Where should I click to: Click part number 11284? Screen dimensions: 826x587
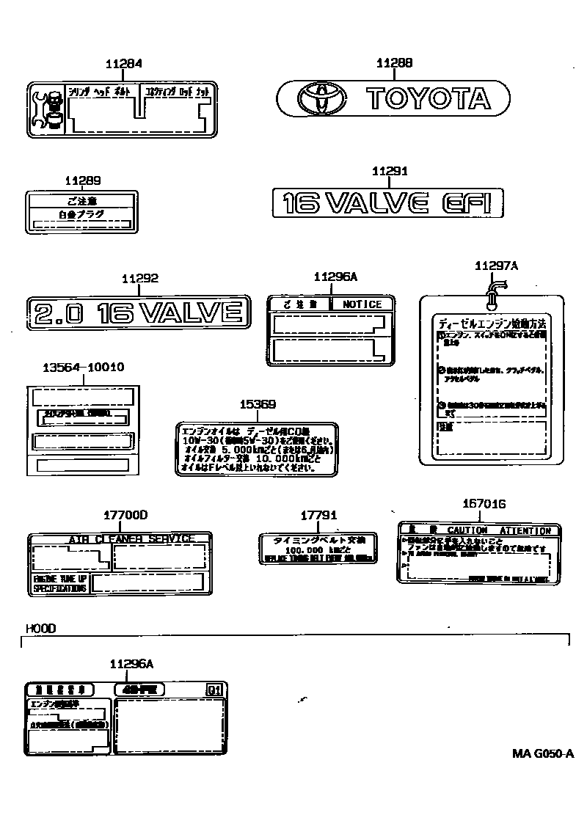tap(123, 64)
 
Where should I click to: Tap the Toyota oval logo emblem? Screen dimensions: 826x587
tap(320, 98)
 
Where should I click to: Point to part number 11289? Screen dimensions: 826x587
tap(82, 180)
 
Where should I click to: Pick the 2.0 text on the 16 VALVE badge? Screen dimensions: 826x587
tap(58, 313)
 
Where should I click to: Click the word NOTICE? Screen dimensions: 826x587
tap(362, 304)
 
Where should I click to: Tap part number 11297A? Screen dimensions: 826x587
tap(496, 266)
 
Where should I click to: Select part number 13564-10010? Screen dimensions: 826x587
tap(81, 367)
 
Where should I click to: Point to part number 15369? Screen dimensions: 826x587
tap(258, 404)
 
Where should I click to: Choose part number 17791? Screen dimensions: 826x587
tap(318, 516)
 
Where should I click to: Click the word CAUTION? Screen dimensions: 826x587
tap(467, 530)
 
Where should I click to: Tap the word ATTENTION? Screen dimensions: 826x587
tap(525, 530)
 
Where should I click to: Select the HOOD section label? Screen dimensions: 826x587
tap(40, 629)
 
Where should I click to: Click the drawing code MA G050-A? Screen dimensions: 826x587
tap(542, 753)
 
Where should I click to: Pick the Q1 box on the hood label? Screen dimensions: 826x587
tap(213, 690)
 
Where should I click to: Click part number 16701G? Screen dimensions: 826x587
tap(484, 504)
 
